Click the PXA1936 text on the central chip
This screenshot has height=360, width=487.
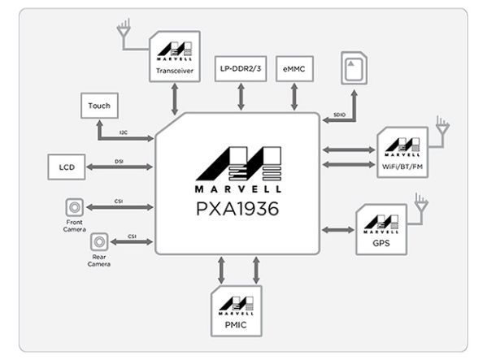click(237, 209)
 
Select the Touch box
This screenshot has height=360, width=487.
click(100, 105)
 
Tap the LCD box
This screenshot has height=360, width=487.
click(67, 167)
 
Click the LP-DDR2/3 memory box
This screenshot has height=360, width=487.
click(240, 67)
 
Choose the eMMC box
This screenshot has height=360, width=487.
click(294, 67)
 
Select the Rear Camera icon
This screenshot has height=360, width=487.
click(99, 241)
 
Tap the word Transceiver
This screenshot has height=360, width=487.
click(175, 72)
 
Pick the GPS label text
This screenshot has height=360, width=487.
click(380, 241)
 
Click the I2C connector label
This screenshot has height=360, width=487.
click(123, 130)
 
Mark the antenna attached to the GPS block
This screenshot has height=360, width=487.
click(420, 203)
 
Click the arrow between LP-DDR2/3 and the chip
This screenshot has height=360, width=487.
click(240, 97)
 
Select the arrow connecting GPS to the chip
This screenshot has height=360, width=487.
click(338, 230)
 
